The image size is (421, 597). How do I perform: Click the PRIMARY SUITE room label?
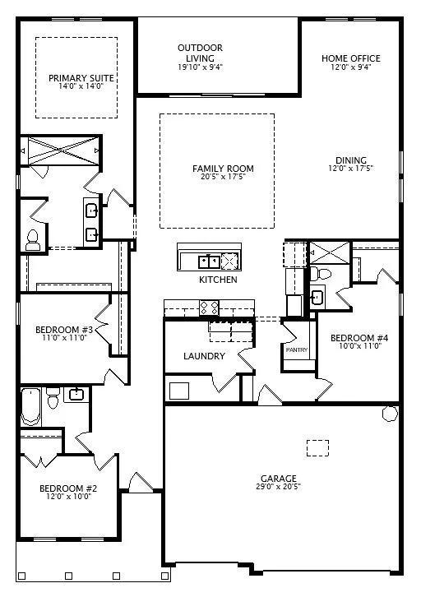tap(81, 78)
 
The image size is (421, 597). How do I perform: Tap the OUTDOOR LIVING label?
tap(201, 53)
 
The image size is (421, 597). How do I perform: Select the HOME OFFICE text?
tap(351, 58)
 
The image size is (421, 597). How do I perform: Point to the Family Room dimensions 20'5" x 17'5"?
tap(223, 177)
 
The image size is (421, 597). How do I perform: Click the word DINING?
tap(351, 160)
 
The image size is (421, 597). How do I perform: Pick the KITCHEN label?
tap(218, 280)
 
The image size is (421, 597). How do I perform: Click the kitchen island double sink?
tap(209, 261)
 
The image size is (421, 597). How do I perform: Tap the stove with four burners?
tap(210, 308)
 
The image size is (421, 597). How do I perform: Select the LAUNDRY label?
tap(204, 356)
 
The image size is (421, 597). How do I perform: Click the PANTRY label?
tap(297, 350)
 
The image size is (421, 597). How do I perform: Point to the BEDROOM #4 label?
tap(359, 338)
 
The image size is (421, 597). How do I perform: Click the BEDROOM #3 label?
tap(64, 330)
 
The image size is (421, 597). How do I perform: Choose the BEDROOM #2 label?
tap(68, 488)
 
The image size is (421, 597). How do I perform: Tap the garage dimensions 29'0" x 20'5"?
tap(279, 487)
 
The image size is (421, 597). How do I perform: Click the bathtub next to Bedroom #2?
tap(30, 406)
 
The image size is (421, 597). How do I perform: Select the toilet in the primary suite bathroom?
tap(33, 241)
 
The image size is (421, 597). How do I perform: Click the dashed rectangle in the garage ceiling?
tap(318, 448)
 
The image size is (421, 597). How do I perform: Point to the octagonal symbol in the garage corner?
tap(391, 414)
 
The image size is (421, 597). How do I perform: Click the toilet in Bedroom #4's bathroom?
tap(320, 273)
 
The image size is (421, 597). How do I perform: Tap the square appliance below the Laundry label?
tap(179, 391)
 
